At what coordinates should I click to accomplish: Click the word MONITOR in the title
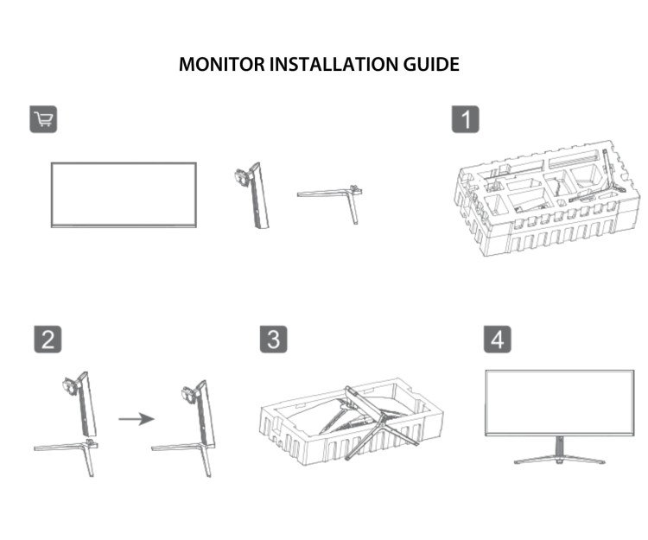(x=212, y=65)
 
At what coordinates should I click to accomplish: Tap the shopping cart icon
(x=43, y=119)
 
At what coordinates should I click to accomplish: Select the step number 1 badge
(x=466, y=119)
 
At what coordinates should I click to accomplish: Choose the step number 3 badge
(x=273, y=340)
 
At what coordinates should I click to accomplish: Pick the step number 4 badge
(x=496, y=340)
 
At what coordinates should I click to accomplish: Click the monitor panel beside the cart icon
(x=124, y=194)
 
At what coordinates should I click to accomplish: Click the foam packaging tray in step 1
(x=536, y=207)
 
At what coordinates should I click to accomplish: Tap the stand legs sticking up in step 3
(x=376, y=423)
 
